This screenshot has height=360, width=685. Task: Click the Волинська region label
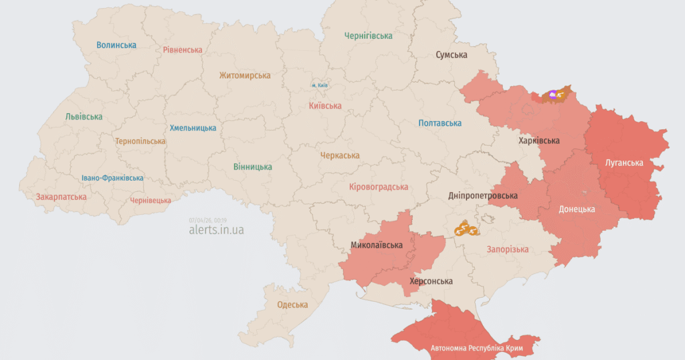pos(116,46)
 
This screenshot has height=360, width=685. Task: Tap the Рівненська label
pos(183,50)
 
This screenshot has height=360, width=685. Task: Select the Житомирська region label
pos(246,76)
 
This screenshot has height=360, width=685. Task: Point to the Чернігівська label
pos(368,35)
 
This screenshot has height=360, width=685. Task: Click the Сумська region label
pos(452,55)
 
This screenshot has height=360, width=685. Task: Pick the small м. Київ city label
pos(319,86)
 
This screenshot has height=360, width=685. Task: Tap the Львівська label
pos(84,116)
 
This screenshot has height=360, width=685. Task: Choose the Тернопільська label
pos(140,142)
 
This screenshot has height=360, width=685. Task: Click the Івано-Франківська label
pos(112,178)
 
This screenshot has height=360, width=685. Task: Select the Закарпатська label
pos(62,197)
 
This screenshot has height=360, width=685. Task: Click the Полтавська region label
pos(440,123)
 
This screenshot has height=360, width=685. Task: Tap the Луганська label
pos(624,163)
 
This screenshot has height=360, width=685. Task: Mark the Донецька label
pos(577,209)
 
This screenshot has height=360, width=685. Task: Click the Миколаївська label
pos(377,245)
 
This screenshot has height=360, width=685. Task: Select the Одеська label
pos(293,305)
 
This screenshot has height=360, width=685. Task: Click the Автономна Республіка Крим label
pos(476,349)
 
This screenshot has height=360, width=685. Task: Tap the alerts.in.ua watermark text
pos(216,230)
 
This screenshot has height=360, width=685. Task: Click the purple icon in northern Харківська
pos(553,95)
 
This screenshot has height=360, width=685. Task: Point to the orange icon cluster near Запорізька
pos(466,230)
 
